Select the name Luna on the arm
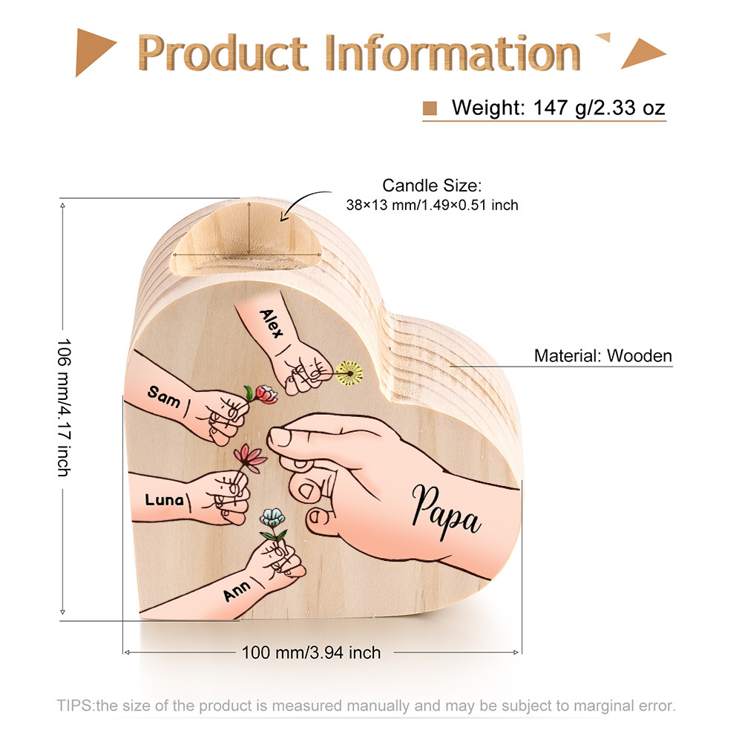[x=164, y=499]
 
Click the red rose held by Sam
[x=266, y=394]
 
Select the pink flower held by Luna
[x=250, y=457]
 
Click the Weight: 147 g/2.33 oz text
[x=558, y=108]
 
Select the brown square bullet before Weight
[x=430, y=108]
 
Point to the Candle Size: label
[x=432, y=185]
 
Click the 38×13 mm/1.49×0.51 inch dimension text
[x=432, y=205]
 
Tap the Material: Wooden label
[x=603, y=355]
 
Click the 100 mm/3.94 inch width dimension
[x=311, y=653]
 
